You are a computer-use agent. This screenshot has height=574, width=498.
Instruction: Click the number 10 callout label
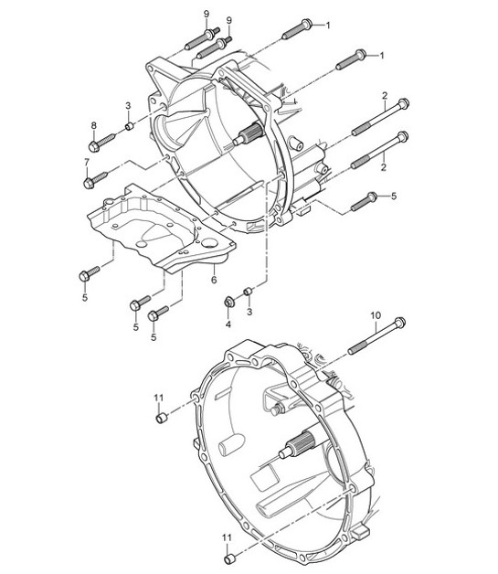click(375, 315)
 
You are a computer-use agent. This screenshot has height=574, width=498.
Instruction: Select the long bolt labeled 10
click(376, 335)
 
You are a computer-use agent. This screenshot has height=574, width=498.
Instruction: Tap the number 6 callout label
click(213, 279)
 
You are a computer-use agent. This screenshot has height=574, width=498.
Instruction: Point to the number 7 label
click(88, 163)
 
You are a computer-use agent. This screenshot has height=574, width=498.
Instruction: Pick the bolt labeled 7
click(96, 178)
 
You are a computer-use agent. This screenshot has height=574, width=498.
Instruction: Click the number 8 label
click(93, 124)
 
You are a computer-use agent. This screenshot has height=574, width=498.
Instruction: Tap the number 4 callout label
click(228, 322)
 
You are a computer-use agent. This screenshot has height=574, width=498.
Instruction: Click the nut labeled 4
click(228, 303)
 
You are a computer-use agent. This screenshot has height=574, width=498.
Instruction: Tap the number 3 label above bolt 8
click(129, 106)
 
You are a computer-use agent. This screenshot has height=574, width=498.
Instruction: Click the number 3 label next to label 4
click(249, 312)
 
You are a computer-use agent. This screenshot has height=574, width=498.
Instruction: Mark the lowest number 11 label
click(227, 537)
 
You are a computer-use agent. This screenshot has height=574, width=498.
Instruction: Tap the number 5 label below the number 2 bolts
click(394, 196)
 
